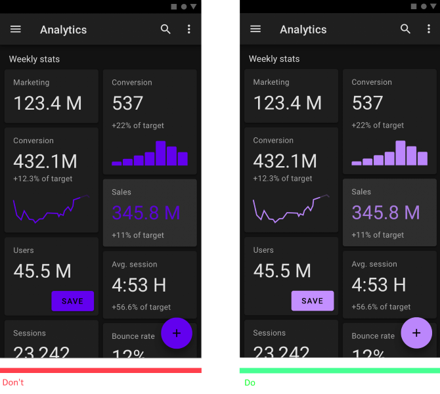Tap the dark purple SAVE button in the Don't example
tap(72, 301)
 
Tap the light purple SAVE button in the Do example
tap(313, 301)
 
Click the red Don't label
tap(13, 382)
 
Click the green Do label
tap(250, 382)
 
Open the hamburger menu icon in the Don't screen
tap(16, 30)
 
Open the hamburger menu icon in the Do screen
tap(256, 30)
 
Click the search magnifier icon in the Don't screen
tap(165, 30)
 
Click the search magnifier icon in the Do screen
tap(406, 30)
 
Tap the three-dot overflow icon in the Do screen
tap(429, 30)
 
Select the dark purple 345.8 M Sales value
tap(146, 213)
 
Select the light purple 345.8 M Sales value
tap(385, 213)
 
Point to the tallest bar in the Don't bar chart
tap(161, 153)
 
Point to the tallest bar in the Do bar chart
tap(401, 153)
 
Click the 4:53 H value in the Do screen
tap(378, 284)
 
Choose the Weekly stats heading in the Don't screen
tap(34, 59)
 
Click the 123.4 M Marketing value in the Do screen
tap(288, 103)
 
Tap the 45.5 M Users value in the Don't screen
tap(43, 271)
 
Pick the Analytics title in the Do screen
tap(303, 30)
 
